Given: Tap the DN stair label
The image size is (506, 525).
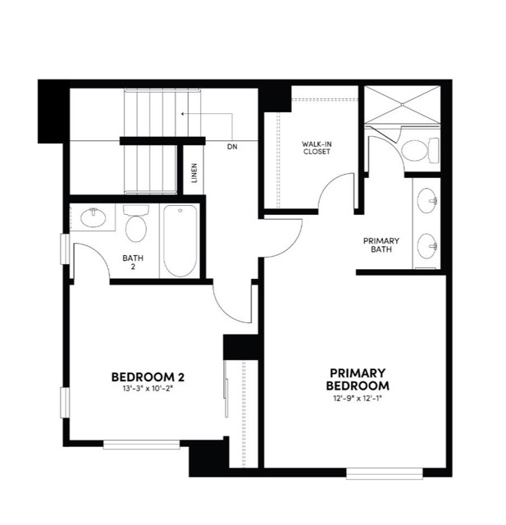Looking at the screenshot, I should [232, 147].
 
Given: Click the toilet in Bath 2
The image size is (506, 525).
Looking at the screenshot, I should [135, 224].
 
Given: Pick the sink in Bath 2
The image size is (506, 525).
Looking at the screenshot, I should [93, 218].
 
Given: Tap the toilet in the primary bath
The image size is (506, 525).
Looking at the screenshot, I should [417, 150].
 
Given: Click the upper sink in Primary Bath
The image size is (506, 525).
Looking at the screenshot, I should [426, 200].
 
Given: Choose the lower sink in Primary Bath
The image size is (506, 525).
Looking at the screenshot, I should [426, 244].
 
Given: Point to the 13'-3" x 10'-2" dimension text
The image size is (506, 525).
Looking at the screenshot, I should [148, 389].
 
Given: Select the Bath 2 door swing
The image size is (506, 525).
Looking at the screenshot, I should [89, 258].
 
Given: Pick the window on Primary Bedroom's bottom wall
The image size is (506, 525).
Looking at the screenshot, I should [385, 472].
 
